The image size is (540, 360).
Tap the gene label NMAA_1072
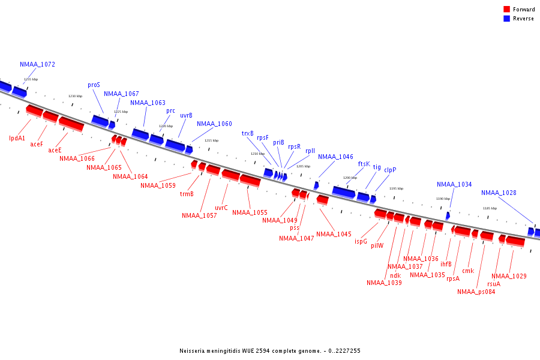click(x=37, y=64)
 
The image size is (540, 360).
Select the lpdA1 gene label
click(x=17, y=138)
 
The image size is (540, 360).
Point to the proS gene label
click(x=94, y=85)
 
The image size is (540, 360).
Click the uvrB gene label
click(x=186, y=115)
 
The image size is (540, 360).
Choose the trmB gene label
click(x=187, y=194)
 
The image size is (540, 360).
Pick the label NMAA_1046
click(x=335, y=157)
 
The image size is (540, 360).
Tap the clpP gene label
click(x=390, y=170)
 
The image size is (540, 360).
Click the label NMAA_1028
click(x=499, y=193)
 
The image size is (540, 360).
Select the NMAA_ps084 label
click(x=476, y=292)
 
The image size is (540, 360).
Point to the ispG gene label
click(x=361, y=241)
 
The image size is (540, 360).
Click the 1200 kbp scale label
click(x=350, y=178)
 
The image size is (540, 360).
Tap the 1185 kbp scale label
click(x=490, y=208)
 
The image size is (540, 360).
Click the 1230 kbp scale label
click(x=75, y=96)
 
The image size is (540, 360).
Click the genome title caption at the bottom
click(x=270, y=351)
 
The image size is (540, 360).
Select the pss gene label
click(x=294, y=228)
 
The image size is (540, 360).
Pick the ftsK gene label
click(x=364, y=164)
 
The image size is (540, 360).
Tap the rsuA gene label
click(x=493, y=284)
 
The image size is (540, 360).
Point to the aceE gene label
click(x=55, y=150)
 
